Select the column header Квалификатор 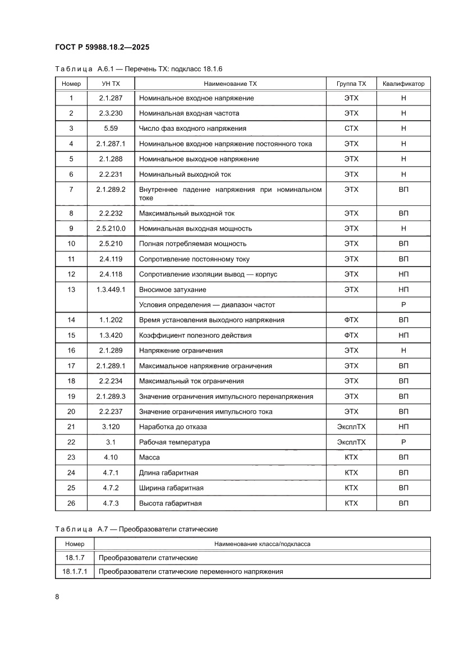pos(403,84)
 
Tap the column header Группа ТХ pos(351,84)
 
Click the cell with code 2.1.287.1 pos(111,144)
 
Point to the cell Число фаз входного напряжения pos(192,129)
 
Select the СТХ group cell pos(351,129)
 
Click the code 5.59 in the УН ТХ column pos(111,129)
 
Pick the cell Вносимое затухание pos(172,290)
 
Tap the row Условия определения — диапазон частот pos(207,305)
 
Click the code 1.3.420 pos(111,336)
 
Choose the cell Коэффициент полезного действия pos(195,336)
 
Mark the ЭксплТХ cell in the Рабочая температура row pos(351,442)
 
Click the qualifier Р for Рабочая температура pos(403,442)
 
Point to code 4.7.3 pos(111,503)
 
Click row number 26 pos(71,503)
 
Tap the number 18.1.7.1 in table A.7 pos(75,572)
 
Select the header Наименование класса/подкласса pos(262,544)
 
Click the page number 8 pos(57,597)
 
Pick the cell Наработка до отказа pos(173,427)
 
